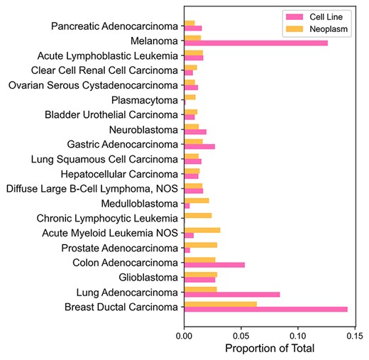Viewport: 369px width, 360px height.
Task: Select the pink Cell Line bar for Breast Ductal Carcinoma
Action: pos(265,309)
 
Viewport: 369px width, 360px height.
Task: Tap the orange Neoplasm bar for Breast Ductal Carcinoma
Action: pos(220,304)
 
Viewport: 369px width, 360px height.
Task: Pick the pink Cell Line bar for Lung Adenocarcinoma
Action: pos(231,294)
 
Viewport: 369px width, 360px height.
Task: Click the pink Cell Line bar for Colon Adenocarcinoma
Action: pos(214,265)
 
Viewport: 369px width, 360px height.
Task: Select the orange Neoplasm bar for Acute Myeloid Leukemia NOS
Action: pos(202,230)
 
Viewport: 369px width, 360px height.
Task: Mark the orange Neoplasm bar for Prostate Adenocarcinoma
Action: pos(200,245)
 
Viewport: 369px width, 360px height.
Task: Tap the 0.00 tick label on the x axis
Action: pos(184,334)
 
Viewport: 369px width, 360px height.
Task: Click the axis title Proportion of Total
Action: pos(269,349)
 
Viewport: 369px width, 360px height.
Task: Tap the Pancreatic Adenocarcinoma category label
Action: pos(115,26)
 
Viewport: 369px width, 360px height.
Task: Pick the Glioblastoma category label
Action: pos(145,277)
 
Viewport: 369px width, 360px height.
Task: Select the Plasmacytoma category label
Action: pos(145,100)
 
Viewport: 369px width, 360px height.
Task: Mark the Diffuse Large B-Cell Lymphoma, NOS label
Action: pos(92,188)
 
